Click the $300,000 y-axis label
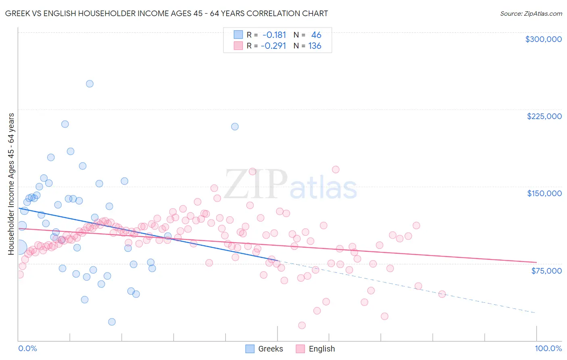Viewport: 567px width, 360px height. coord(543,39)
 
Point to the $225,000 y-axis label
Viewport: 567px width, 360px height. coord(544,116)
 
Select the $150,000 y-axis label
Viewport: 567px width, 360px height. coord(544,193)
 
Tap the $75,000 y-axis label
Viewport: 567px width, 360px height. coord(546,271)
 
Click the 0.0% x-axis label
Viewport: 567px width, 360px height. coord(27,348)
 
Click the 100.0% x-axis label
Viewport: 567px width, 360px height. coord(548,348)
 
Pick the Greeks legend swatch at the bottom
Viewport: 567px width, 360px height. coord(250,349)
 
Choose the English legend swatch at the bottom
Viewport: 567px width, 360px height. coord(300,349)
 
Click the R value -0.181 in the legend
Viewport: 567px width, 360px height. coord(274,35)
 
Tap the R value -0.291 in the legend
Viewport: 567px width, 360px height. coord(273,46)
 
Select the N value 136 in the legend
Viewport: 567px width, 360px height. coord(315,46)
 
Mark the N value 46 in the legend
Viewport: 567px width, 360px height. coord(316,35)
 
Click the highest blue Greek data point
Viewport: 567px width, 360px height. coord(90,84)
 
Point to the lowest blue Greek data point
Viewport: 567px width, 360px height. coord(112,322)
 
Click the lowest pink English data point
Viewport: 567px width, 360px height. coord(302,325)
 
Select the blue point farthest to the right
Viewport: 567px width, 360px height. coord(235,126)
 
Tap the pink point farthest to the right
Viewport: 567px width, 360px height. coord(442,294)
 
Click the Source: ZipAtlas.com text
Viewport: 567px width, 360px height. coord(531,13)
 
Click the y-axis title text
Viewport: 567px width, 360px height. coord(11,184)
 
